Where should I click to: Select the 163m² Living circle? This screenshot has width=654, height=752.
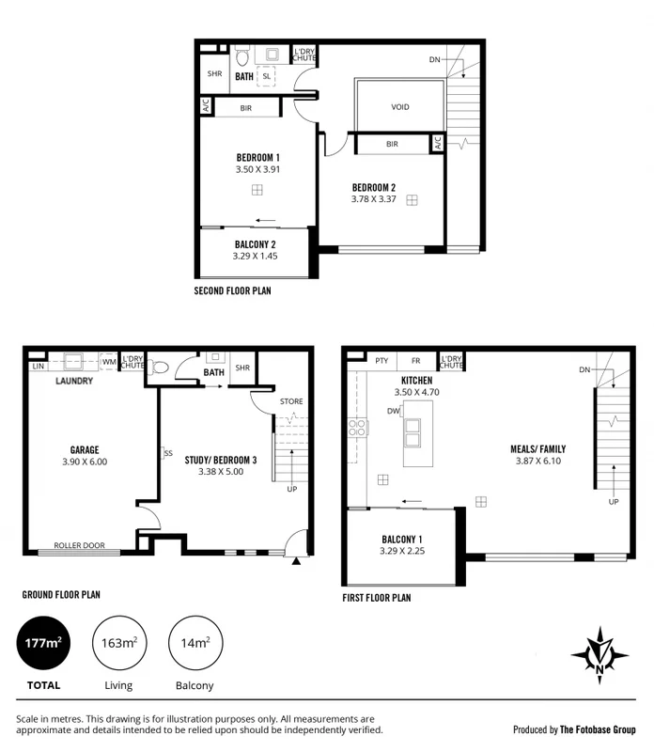coord(119,644)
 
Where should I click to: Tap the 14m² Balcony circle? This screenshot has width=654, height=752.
coord(195,644)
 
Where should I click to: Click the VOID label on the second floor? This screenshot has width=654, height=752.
coord(400,107)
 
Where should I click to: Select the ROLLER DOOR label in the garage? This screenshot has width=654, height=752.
coord(79,545)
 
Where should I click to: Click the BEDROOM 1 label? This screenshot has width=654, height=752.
coord(257,157)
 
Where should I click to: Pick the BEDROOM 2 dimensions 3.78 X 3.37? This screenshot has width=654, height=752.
coord(373,198)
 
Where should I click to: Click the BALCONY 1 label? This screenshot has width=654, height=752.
coord(403,539)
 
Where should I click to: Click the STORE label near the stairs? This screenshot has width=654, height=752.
coord(291,402)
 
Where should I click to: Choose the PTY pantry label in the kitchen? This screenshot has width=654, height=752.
coord(381,360)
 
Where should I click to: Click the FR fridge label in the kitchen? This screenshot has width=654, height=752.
coord(416,360)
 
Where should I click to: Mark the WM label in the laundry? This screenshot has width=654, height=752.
coord(109,362)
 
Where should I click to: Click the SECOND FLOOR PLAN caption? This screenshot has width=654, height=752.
coord(232,291)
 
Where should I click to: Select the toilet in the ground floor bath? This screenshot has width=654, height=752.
coord(160,368)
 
